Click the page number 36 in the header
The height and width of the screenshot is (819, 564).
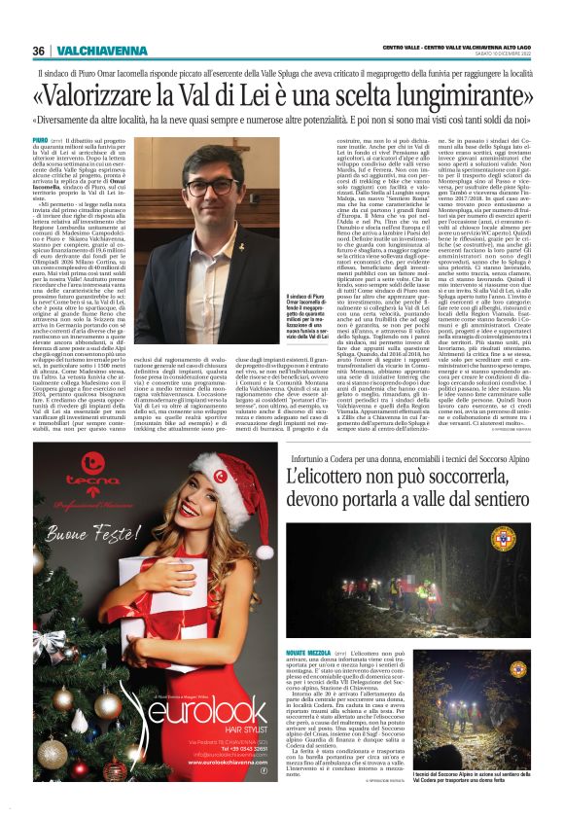pyautogui.click(x=39, y=51)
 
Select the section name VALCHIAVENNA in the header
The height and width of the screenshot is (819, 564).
pyautogui.click(x=88, y=51)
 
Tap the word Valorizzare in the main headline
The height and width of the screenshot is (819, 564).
pyautogui.click(x=125, y=95)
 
